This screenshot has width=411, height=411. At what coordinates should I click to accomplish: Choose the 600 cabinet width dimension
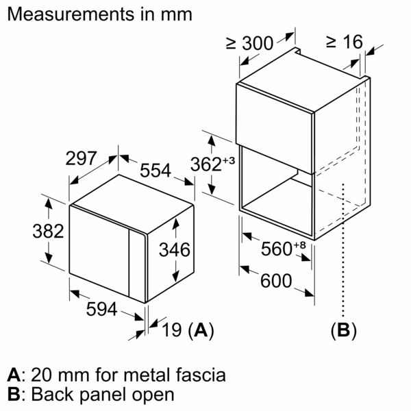(x=276, y=281)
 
